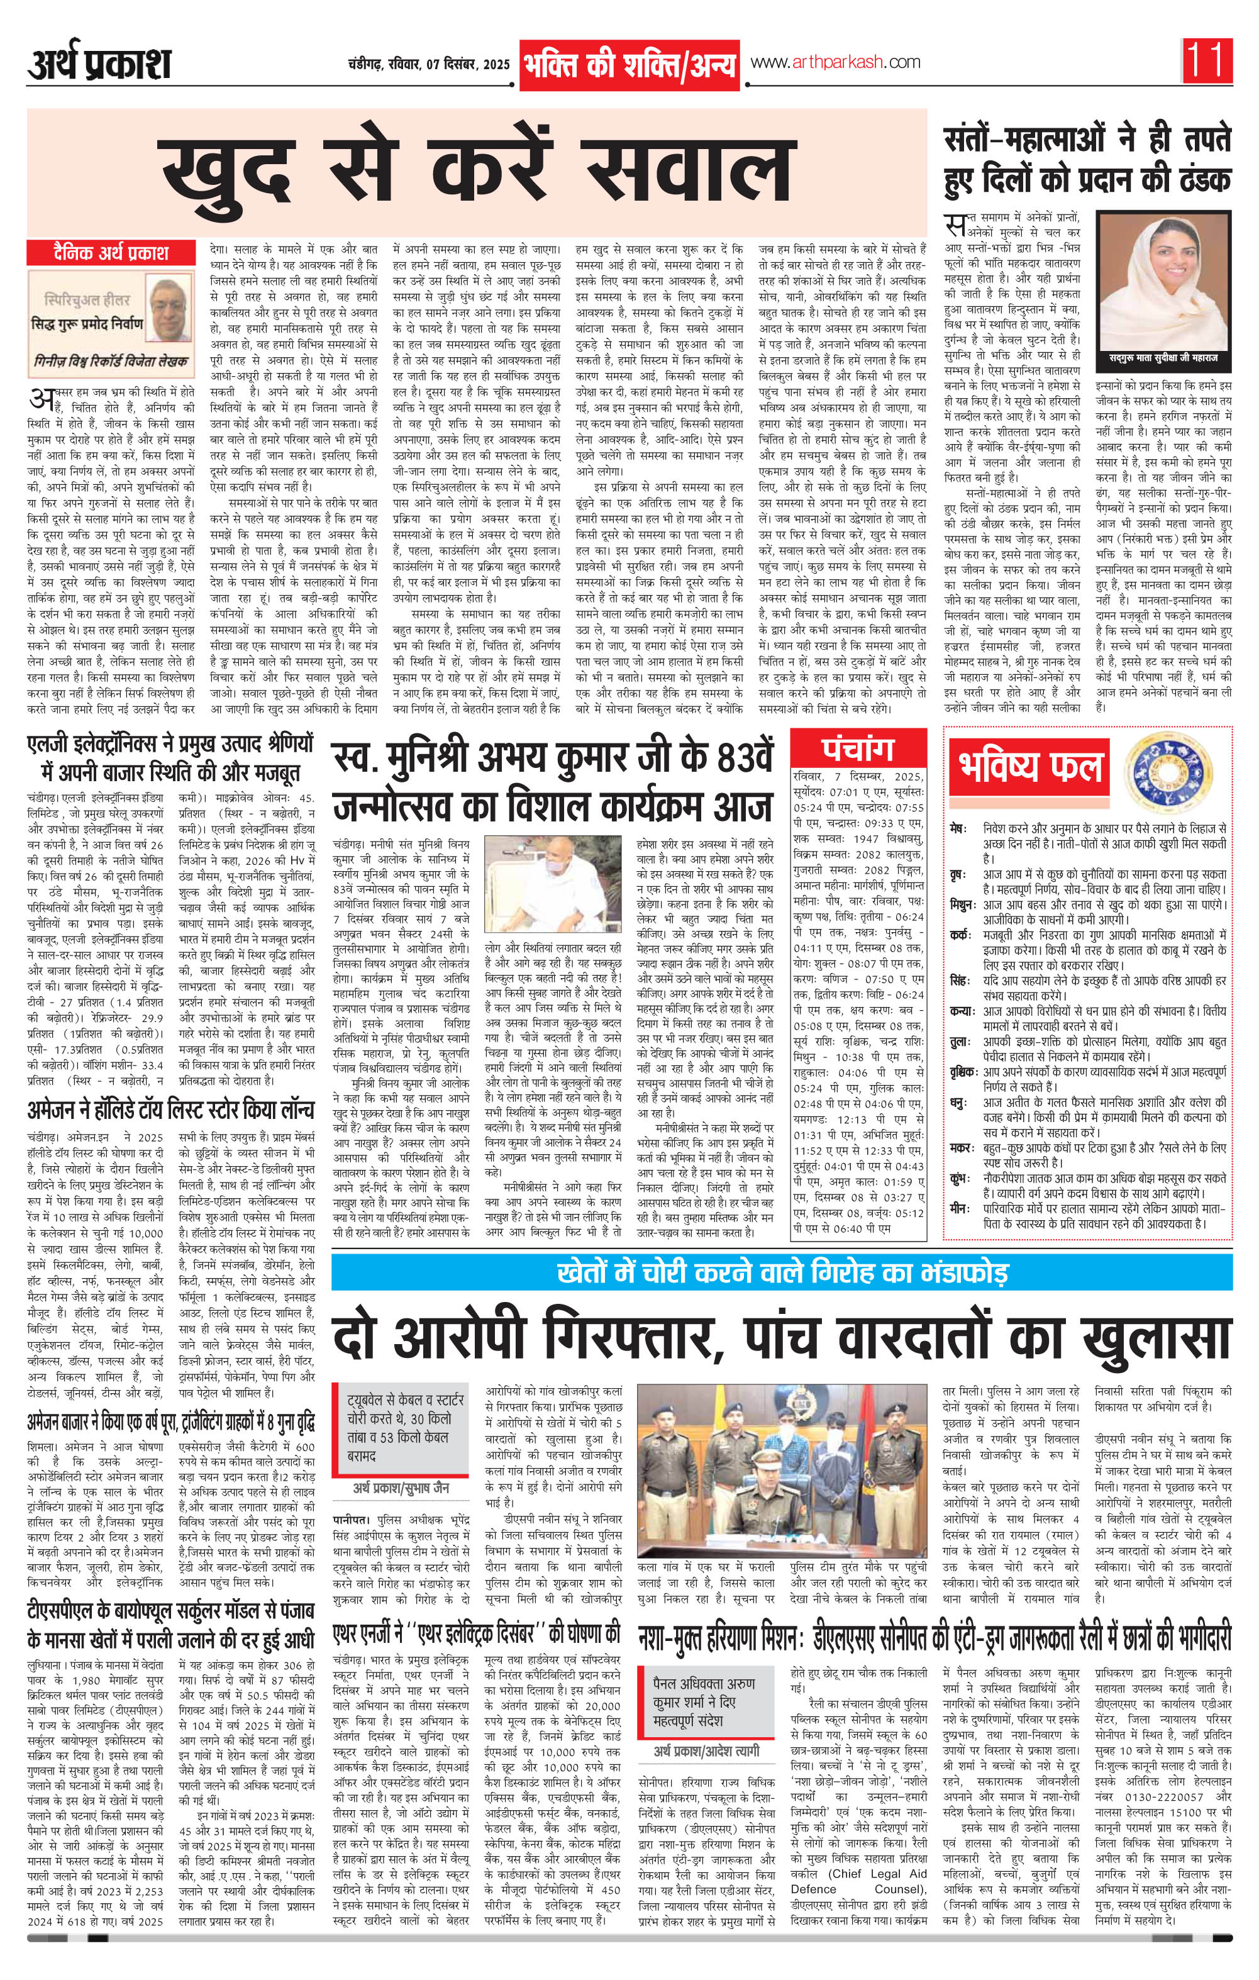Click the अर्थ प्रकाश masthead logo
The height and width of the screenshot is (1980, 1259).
pos(99,64)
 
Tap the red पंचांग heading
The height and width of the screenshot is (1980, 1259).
pos(858,749)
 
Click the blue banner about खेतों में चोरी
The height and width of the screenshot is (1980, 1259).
pos(781,1272)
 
